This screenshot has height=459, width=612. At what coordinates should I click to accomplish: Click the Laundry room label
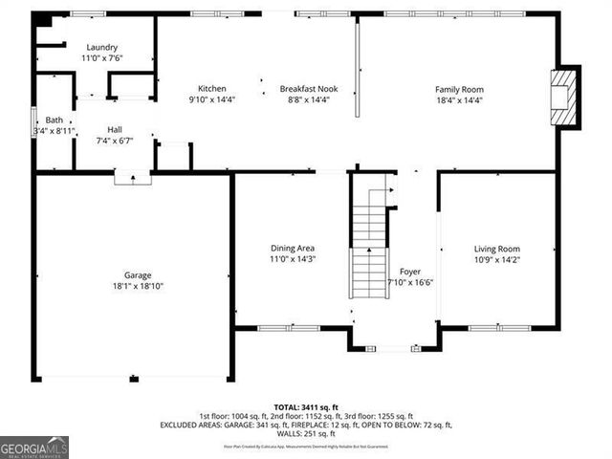coord(101,47)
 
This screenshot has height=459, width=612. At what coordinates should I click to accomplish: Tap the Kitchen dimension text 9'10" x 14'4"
coord(212,98)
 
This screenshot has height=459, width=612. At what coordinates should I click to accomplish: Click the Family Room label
coord(459,89)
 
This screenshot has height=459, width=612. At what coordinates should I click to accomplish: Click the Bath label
coord(54,120)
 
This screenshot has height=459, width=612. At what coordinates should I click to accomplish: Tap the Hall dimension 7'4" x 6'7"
coord(115,141)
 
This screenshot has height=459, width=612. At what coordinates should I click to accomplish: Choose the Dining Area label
coord(293,249)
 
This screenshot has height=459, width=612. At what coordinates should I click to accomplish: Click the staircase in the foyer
coord(370,249)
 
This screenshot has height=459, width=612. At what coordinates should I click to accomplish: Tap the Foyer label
coord(409,272)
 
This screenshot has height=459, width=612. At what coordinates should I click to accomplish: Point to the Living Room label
coord(497,249)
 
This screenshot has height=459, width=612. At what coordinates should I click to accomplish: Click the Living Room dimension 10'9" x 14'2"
coord(497,259)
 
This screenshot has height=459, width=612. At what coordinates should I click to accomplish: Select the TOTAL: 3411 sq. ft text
coord(306,406)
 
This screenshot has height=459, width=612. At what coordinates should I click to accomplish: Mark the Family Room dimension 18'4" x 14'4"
coord(459,99)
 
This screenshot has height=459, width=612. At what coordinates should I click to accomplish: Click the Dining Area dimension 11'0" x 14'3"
coord(293,259)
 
